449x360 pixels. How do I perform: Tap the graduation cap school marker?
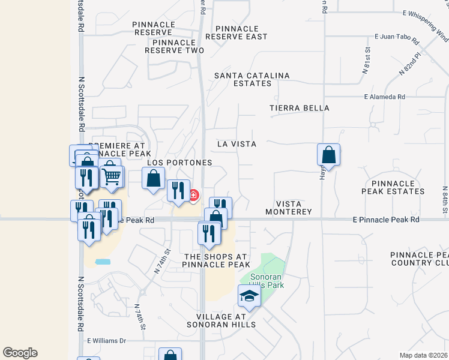249,295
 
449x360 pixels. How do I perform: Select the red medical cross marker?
194,194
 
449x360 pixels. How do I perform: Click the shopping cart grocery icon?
112,176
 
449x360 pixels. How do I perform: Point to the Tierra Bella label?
300,108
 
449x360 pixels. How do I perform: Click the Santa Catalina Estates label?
252,79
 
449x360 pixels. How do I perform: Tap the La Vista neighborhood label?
237,144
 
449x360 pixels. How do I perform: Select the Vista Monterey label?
294,208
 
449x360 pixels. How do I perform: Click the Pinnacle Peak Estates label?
397,187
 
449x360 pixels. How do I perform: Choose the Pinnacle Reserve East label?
237,32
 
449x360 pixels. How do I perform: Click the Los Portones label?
180,163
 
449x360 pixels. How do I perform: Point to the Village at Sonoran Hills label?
226,320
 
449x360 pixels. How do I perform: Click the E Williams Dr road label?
106,340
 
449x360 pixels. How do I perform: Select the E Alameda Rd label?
384,97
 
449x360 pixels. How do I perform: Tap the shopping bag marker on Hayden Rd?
329,155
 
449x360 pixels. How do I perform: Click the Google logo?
20,353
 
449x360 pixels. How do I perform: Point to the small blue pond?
103,262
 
